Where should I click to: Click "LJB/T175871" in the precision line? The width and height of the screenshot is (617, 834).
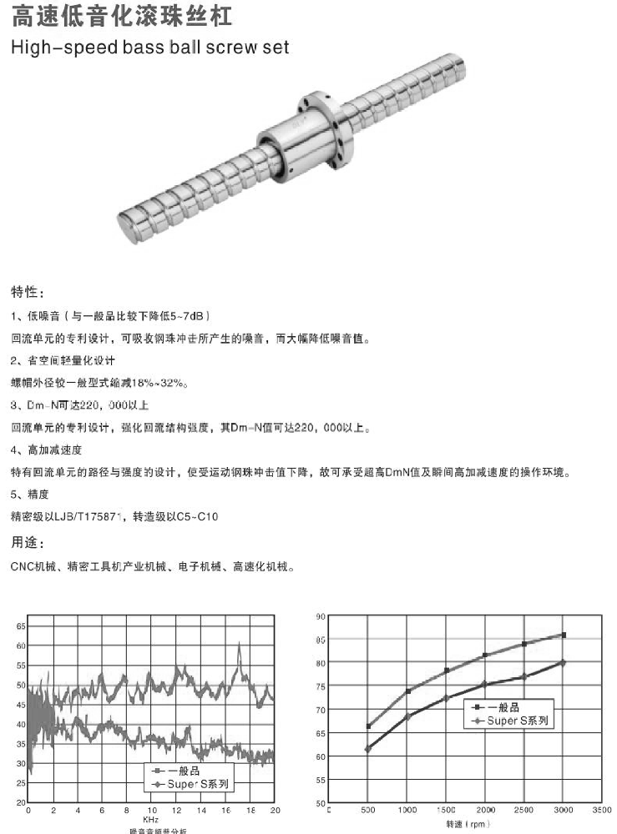[x=91, y=517]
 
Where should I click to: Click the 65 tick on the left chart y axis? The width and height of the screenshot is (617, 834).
[x=20, y=625]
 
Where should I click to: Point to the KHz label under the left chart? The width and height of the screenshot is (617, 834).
[x=150, y=821]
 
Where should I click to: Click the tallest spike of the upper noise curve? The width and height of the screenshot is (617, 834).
[x=239, y=645]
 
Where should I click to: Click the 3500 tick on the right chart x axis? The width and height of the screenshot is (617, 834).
[x=601, y=810]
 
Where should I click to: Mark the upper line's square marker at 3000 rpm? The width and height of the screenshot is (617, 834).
[x=564, y=635]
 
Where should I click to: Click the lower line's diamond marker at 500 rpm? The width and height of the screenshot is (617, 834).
[x=368, y=749]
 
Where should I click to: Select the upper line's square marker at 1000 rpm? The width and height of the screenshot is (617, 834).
[x=408, y=691]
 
